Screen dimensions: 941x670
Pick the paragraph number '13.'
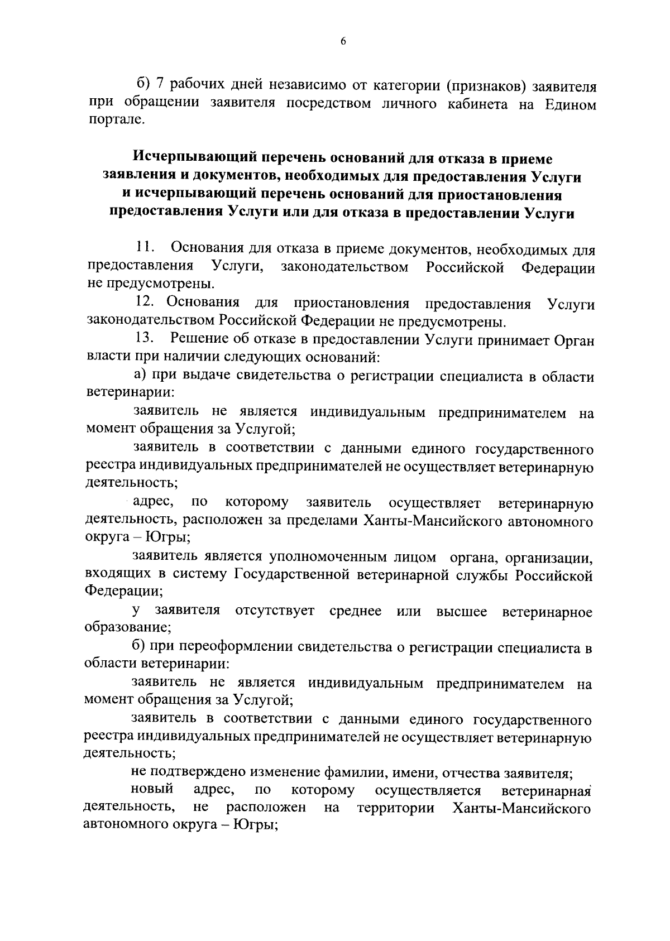[x=146, y=338]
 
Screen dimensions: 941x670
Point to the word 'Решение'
[x=197, y=338]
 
